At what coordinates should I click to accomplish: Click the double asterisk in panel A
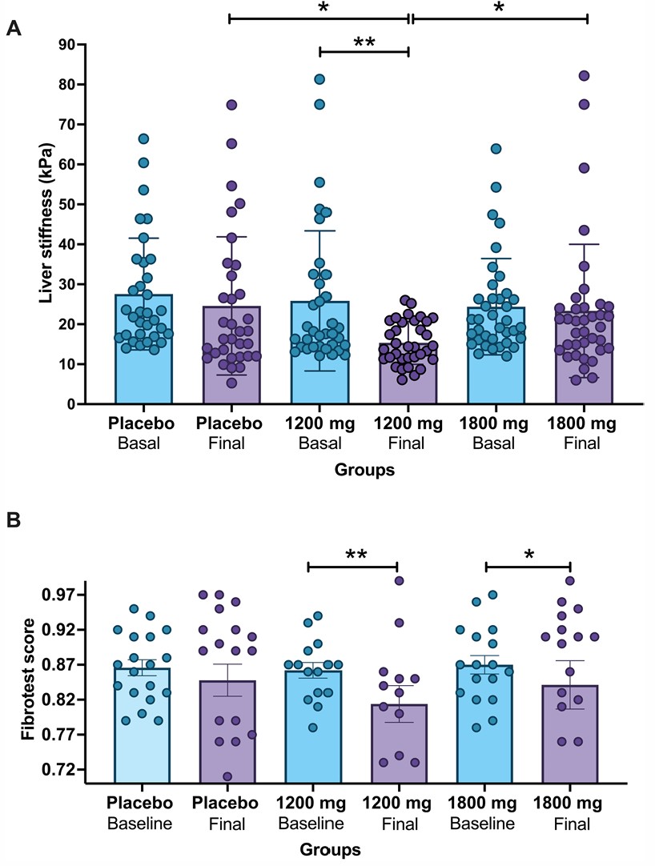364,42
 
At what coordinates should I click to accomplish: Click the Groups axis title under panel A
364,470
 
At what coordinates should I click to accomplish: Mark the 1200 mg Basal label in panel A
319,431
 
